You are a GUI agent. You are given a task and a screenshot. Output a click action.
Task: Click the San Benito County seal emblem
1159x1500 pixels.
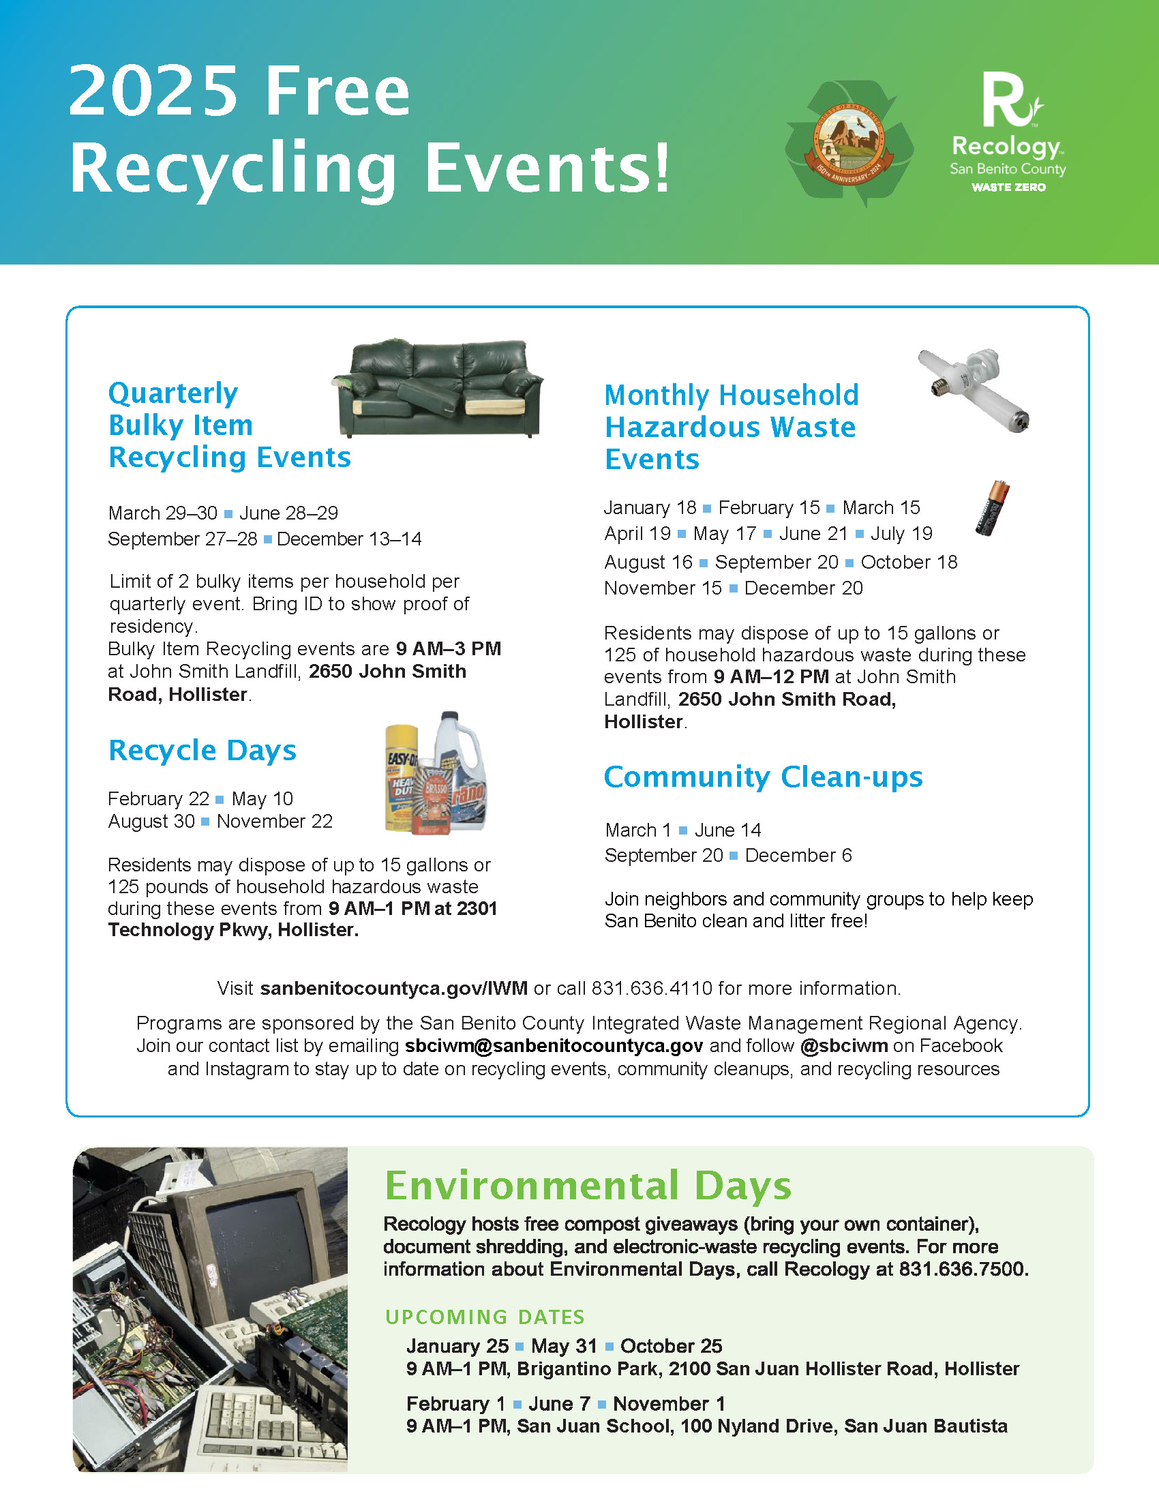(849, 143)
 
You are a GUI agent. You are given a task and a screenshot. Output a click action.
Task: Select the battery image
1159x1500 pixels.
(993, 507)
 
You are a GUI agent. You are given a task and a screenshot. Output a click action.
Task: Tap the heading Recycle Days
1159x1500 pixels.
(202, 750)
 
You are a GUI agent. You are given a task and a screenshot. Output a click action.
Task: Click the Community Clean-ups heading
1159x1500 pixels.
(763, 777)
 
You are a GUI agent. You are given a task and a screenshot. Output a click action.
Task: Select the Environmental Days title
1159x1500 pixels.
(588, 1185)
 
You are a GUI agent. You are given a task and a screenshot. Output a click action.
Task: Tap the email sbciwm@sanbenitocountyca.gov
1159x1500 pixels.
(554, 1045)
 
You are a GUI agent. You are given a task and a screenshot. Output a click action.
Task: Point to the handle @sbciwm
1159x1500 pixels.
(844, 1045)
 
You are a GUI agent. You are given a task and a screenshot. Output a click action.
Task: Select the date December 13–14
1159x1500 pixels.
(349, 539)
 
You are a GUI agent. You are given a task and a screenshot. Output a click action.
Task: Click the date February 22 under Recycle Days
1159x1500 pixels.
(159, 799)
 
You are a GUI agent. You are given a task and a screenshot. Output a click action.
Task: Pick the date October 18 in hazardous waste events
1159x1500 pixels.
(908, 562)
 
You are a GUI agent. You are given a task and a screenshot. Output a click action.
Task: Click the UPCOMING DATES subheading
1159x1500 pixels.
(485, 1317)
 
